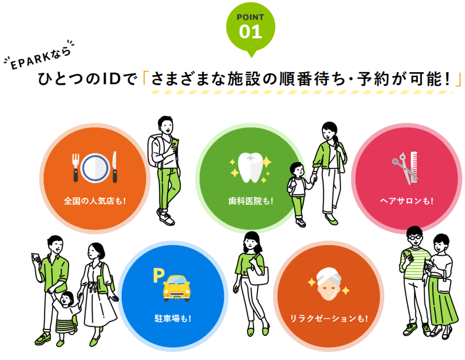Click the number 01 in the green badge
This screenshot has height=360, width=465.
click(x=251, y=32)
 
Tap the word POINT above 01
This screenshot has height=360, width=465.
click(x=250, y=17)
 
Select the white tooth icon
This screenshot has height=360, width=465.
click(x=251, y=167)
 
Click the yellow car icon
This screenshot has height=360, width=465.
click(x=177, y=288)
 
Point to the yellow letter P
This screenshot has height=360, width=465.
click(x=158, y=276)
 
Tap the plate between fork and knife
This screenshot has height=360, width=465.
click(x=95, y=168)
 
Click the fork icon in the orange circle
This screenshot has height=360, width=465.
click(x=76, y=167)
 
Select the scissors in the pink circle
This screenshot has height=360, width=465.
click(x=403, y=168)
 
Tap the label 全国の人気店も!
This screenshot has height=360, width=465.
click(x=95, y=201)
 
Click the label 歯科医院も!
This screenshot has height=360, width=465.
click(x=251, y=201)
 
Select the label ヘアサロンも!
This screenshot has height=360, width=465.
click(x=406, y=201)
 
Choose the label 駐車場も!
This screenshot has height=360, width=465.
click(x=173, y=319)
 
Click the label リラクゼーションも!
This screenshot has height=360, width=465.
click(x=329, y=319)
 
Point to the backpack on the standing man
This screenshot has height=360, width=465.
click(x=155, y=151)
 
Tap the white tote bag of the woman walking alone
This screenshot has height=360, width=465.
click(x=258, y=275)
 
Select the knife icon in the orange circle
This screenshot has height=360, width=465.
click(x=114, y=167)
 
